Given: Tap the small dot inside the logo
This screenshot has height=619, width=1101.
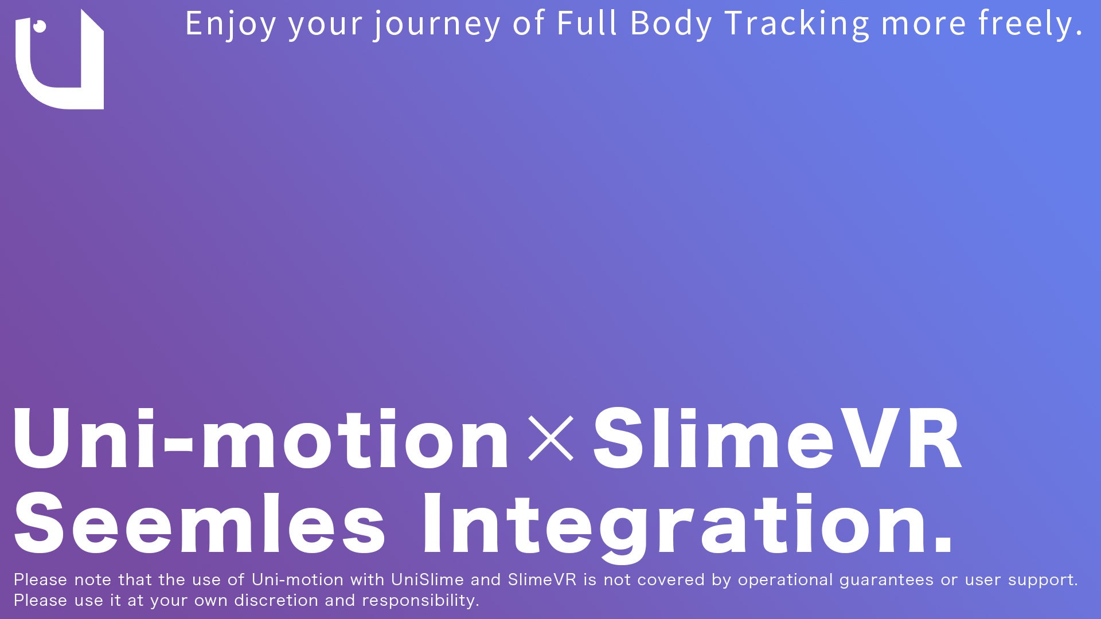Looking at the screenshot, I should click(40, 26).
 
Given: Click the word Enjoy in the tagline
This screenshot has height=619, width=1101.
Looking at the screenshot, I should click(231, 24).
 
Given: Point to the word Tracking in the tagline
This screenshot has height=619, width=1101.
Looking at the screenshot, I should click(797, 24).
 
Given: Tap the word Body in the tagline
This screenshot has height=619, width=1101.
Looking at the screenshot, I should click(671, 24).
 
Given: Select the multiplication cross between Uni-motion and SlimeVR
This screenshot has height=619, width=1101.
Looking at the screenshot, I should click(550, 438).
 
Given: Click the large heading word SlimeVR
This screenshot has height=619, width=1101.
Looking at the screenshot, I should click(777, 439).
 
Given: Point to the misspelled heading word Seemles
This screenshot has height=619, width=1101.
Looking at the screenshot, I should click(200, 524).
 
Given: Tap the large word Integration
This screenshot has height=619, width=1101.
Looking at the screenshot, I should click(677, 524).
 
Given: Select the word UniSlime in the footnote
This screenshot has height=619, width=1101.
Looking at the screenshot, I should click(427, 579).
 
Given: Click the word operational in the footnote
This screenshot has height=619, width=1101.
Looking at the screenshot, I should click(785, 579).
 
